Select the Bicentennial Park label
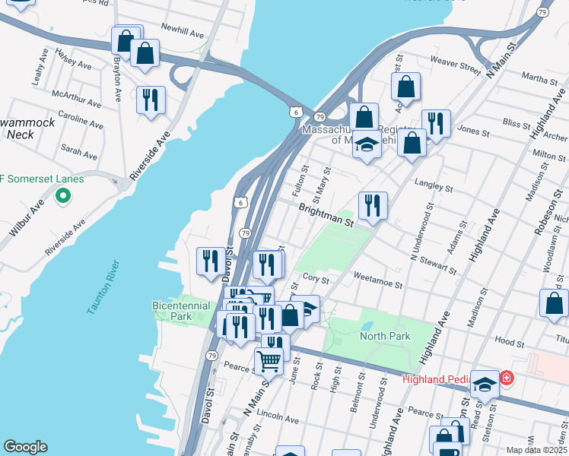[182, 310]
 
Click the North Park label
[385, 336]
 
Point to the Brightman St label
[326, 215]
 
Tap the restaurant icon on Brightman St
[373, 206]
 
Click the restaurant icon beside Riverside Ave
[151, 100]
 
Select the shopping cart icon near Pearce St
[269, 361]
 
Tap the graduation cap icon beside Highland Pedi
[485, 385]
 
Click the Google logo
[24, 447]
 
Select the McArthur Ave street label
[76, 98]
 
